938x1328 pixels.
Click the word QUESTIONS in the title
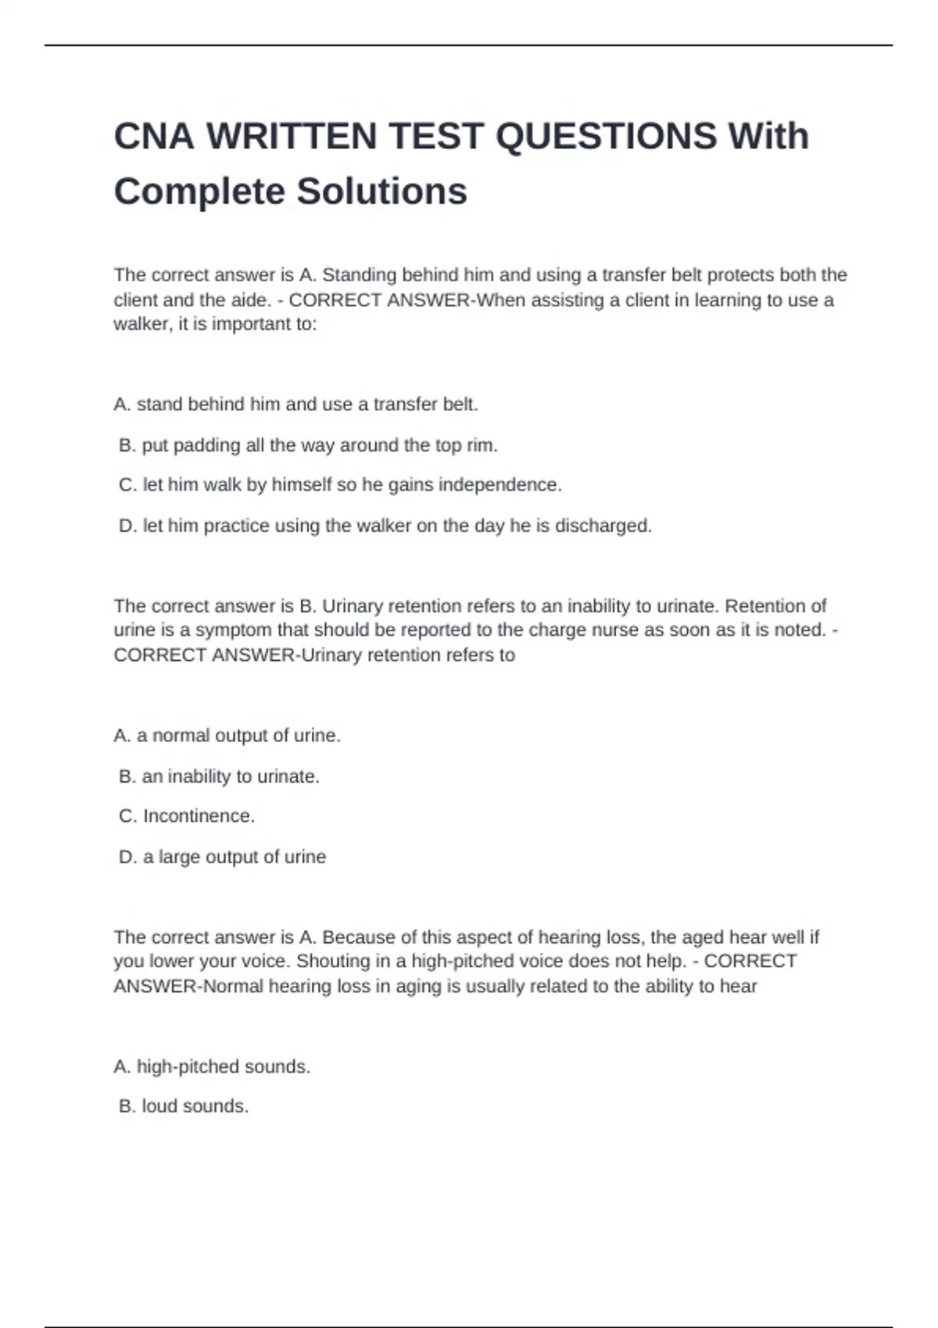point(606,136)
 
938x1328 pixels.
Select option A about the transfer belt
point(295,404)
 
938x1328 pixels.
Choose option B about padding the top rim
point(308,445)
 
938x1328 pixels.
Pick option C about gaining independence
point(340,485)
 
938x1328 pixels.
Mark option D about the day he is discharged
point(385,526)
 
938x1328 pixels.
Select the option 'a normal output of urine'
point(227,735)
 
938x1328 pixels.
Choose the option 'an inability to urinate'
point(219,776)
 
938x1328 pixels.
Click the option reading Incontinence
point(187,816)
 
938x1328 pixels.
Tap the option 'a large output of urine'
point(222,857)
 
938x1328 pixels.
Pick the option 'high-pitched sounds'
point(212,1066)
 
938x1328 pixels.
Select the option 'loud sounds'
point(184,1106)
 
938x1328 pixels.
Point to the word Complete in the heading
point(198,191)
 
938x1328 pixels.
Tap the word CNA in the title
point(153,136)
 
